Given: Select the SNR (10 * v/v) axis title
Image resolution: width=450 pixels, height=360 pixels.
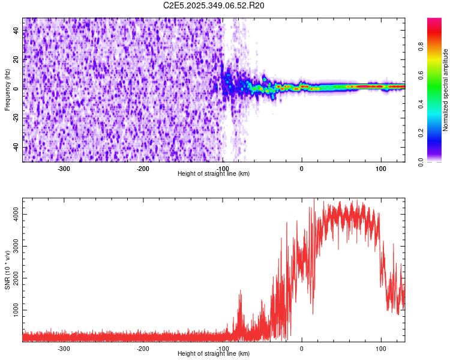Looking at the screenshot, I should coord(7,269).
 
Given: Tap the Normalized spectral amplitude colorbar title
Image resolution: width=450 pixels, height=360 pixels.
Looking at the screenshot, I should coord(446,90).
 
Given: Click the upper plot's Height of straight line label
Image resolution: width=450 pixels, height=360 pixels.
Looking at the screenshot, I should coord(214,174).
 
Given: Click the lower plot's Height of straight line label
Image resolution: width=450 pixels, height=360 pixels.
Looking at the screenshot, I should coord(214,354).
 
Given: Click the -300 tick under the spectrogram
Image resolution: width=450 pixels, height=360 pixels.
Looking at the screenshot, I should coord(64,169).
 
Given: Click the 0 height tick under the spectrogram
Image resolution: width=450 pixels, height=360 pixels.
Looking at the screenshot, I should coord(302,169).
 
